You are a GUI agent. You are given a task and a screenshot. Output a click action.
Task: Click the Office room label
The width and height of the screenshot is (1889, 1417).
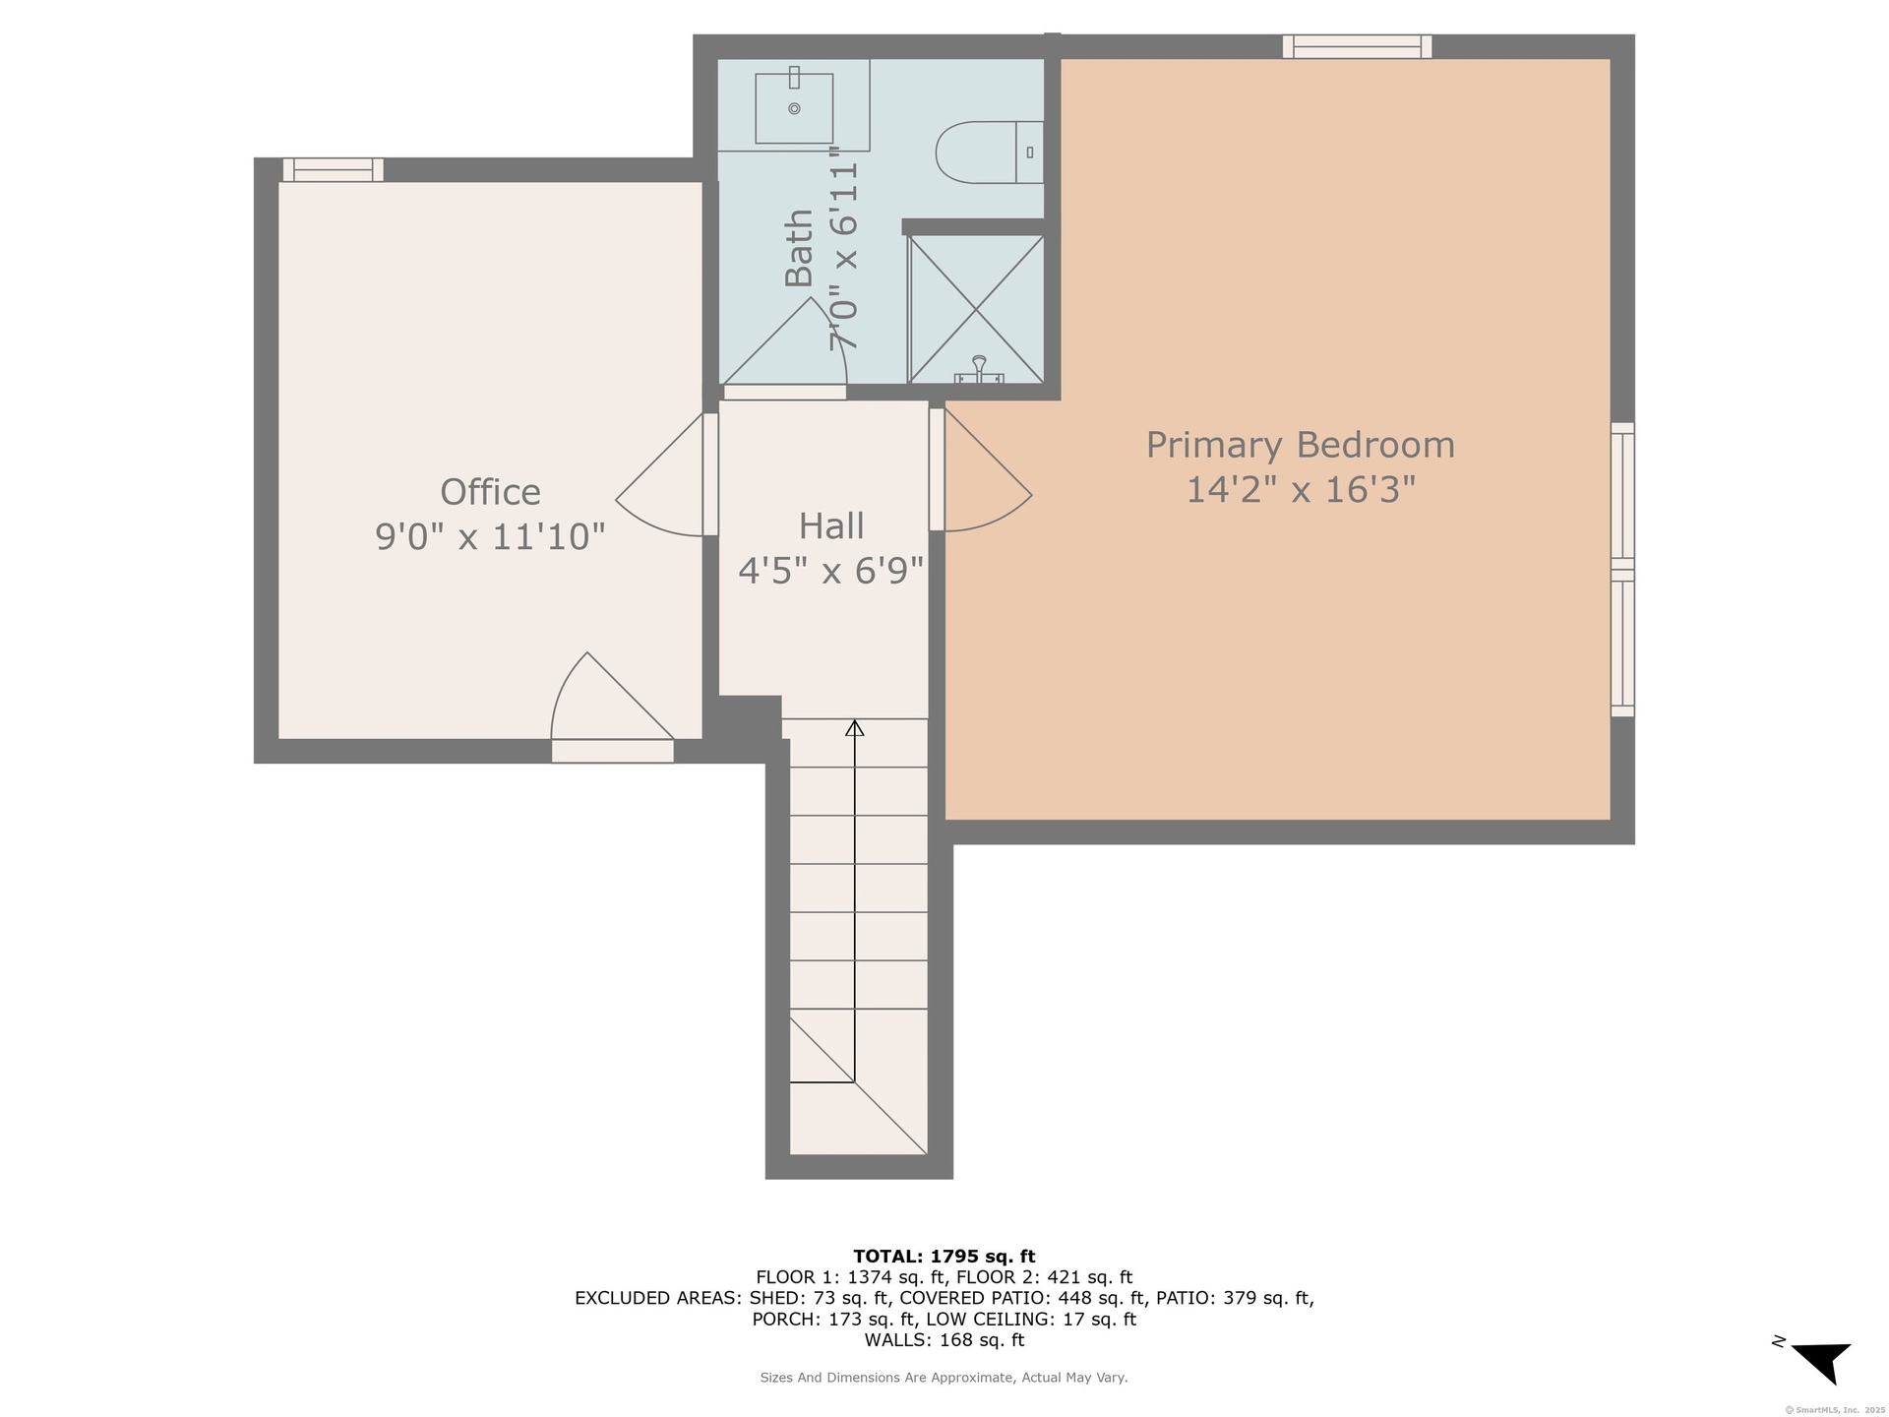click(490, 491)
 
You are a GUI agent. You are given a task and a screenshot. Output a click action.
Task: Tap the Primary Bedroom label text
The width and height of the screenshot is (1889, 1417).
click(1300, 445)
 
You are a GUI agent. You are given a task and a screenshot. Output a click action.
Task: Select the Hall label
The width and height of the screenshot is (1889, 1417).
click(831, 525)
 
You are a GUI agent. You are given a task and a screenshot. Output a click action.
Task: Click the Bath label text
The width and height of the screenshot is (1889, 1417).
click(799, 248)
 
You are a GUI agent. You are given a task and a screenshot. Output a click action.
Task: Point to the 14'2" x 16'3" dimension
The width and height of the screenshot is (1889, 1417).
click(1300, 489)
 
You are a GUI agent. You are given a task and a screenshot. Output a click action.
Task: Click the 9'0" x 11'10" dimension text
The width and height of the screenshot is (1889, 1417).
click(490, 536)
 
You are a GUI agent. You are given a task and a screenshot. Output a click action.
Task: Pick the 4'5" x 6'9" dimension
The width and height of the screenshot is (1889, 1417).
click(831, 570)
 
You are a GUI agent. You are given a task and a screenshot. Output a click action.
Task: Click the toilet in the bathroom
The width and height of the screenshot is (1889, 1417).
click(989, 153)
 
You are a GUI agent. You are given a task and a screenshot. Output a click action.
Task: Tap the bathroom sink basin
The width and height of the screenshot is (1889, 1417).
click(794, 107)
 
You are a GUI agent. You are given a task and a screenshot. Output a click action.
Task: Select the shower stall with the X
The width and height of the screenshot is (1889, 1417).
click(975, 309)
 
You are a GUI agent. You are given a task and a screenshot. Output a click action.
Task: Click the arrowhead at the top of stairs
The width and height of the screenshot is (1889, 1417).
click(855, 728)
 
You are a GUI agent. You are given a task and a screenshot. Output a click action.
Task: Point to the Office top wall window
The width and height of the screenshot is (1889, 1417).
click(334, 169)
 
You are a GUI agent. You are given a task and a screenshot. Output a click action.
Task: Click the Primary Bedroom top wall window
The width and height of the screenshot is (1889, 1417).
click(1357, 46)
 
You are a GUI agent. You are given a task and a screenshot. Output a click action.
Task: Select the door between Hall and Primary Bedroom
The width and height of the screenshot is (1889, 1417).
click(980, 469)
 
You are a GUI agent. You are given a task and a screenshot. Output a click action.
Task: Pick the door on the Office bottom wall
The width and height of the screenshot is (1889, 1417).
click(612, 707)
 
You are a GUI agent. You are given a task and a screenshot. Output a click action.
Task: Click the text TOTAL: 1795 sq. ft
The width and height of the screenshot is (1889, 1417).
click(944, 1256)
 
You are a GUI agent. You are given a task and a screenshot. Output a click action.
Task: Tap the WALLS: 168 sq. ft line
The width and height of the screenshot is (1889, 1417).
click(944, 1339)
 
